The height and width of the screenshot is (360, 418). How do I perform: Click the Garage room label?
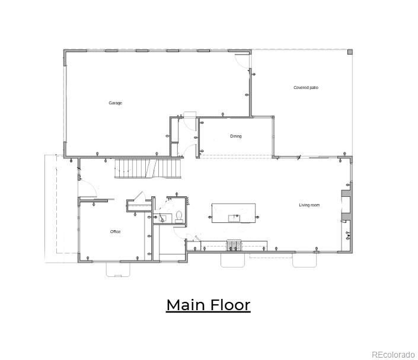(115, 103)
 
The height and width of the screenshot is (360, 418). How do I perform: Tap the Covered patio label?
(306, 87)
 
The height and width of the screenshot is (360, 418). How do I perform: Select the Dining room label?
(235, 136)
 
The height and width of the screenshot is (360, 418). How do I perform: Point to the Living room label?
(309, 205)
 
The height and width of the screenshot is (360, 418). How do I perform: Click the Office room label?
(115, 231)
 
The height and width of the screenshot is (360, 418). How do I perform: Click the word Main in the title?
(186, 305)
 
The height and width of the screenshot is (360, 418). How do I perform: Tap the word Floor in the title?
(230, 305)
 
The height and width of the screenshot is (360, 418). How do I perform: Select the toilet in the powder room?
(179, 217)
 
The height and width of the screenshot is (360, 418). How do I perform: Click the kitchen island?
(234, 213)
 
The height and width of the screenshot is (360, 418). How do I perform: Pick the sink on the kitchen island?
(234, 218)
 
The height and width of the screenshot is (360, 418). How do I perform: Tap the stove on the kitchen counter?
(234, 246)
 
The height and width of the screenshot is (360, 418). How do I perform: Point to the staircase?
(148, 168)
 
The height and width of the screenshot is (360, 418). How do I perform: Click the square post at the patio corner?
(350, 52)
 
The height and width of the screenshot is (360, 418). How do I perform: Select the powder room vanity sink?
(162, 218)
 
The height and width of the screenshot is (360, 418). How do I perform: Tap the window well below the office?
(118, 269)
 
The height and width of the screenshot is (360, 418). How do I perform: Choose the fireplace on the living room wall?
(346, 205)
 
